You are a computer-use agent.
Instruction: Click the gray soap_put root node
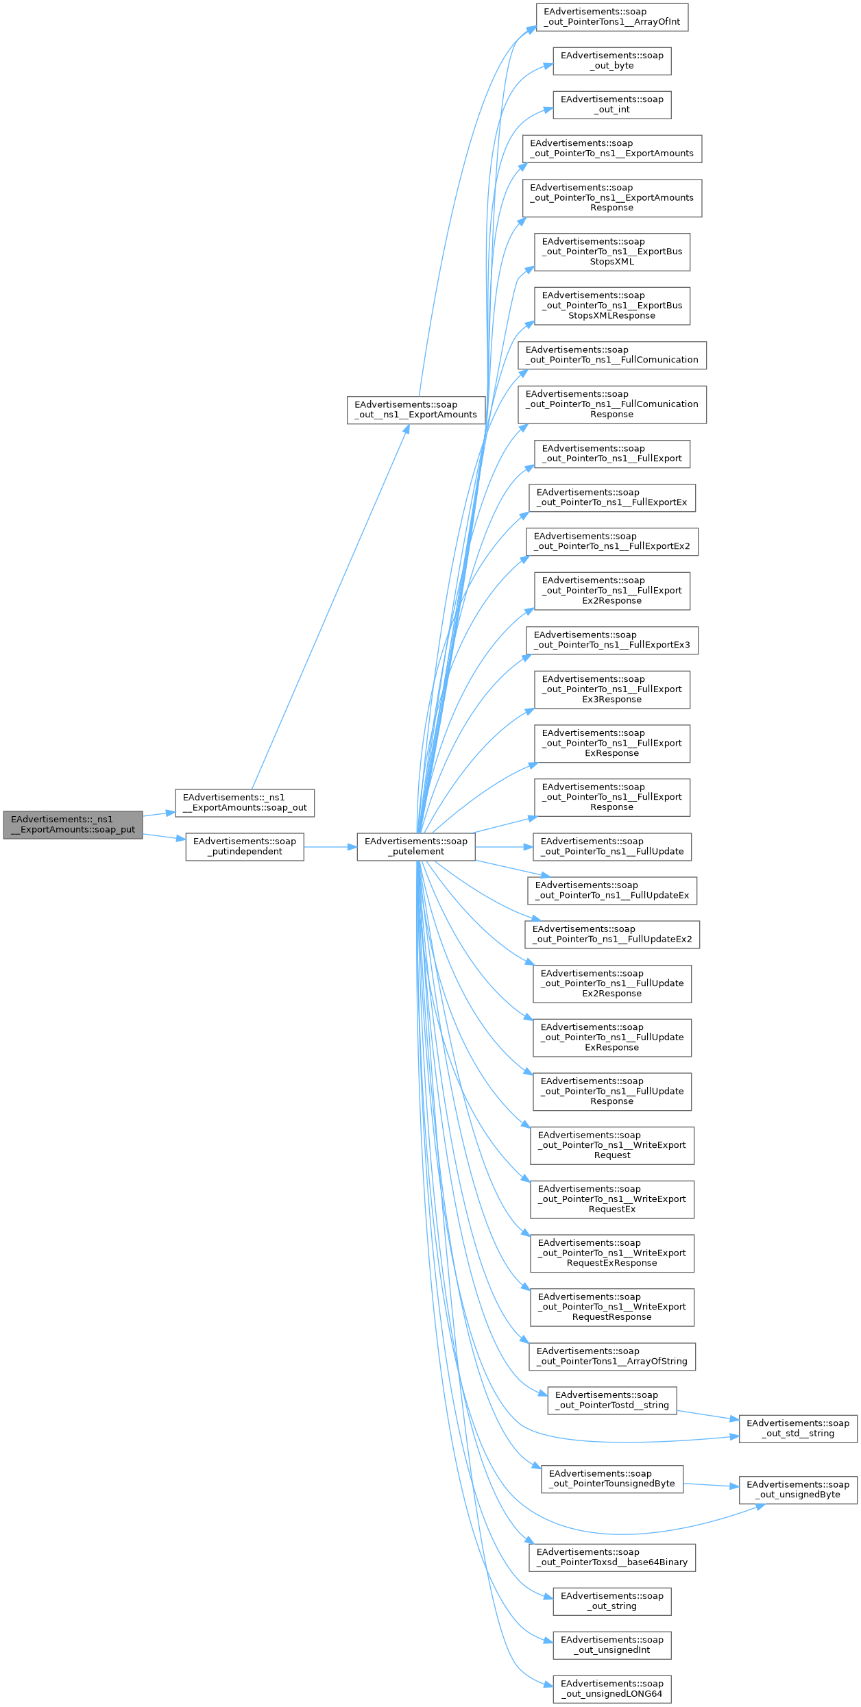pos(73,824)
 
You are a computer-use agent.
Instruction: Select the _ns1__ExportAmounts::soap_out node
pos(245,802)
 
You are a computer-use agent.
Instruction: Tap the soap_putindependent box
pos(245,846)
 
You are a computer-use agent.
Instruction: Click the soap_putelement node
pos(416,846)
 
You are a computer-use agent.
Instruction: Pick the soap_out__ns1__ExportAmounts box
pos(416,410)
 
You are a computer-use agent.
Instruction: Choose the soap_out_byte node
pos(612,60)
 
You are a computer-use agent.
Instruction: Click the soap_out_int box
pos(612,104)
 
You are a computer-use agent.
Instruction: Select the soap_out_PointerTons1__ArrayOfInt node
pos(612,16)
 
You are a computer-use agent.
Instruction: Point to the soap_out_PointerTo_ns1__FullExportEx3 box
pos(612,640)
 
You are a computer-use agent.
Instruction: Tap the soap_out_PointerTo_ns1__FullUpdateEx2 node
pos(612,934)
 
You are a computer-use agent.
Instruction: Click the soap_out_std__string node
pos(798,1428)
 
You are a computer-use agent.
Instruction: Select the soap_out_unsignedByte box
pos(798,1490)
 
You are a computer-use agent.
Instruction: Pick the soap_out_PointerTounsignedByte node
pos(612,1479)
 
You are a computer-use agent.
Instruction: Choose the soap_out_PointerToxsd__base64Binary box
pos(612,1557)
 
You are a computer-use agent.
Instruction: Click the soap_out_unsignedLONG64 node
pos(612,1688)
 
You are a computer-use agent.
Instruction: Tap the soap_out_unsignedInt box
pos(612,1645)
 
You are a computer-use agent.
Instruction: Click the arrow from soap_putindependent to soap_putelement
pos(330,847)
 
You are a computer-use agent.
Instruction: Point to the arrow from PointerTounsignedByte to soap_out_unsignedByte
pos(712,1485)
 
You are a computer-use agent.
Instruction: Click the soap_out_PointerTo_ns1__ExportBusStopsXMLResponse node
pos(612,306)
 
